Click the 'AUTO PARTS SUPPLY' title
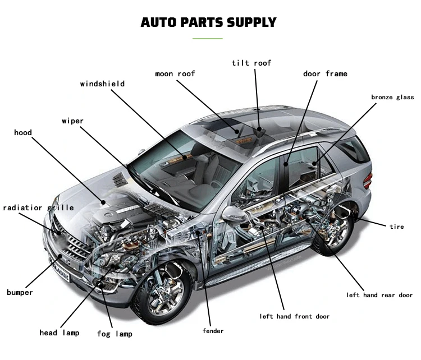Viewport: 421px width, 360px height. click(208, 22)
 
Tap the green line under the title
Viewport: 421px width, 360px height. click(208, 38)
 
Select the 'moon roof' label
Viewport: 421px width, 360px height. click(176, 73)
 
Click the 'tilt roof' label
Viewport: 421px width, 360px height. click(251, 63)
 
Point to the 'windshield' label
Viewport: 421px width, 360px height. click(102, 84)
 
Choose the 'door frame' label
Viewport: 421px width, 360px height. click(325, 73)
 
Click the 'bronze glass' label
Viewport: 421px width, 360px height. click(392, 98)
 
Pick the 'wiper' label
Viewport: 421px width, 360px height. click(72, 121)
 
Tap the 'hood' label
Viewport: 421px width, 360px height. click(23, 133)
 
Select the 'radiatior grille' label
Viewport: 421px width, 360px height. click(38, 207)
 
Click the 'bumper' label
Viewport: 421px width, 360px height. click(20, 292)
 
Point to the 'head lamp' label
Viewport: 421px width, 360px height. click(59, 333)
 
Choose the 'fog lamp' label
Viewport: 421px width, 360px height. click(115, 334)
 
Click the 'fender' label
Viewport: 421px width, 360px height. click(213, 331)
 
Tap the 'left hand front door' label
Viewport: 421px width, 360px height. click(294, 316)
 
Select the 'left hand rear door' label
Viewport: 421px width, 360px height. click(379, 295)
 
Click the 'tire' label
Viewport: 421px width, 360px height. click(396, 227)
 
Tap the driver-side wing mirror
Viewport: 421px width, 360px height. click(231, 213)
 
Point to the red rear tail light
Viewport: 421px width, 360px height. click(367, 181)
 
